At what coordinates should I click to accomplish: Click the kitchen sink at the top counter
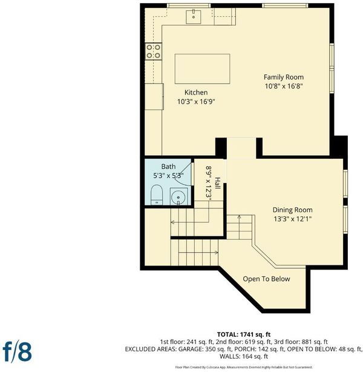(194, 17)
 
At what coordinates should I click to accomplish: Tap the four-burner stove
(153, 51)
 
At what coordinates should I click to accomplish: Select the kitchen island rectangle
(202, 69)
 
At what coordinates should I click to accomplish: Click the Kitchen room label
(196, 92)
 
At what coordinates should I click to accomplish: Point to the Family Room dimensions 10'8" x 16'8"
(284, 86)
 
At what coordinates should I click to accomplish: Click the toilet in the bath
(157, 194)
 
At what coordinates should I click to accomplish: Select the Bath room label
(168, 167)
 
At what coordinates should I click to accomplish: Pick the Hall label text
(218, 183)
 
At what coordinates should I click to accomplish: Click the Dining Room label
(292, 210)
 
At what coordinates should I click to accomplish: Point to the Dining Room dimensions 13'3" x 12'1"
(292, 219)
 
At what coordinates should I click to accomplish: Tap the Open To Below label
(266, 279)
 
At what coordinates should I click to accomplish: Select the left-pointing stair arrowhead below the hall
(172, 222)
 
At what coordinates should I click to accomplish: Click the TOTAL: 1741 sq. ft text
(244, 334)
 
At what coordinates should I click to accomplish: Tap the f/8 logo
(17, 352)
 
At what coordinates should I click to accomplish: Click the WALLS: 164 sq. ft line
(244, 356)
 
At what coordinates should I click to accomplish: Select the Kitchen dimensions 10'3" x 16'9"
(196, 102)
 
